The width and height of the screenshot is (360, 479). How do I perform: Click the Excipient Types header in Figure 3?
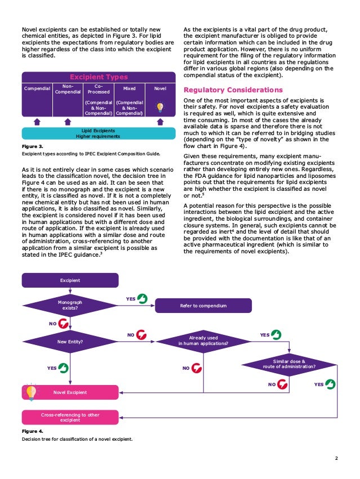click(98, 77)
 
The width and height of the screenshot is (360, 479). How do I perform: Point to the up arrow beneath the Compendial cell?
click(37, 121)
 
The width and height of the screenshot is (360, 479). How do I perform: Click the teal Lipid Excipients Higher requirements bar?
click(98, 133)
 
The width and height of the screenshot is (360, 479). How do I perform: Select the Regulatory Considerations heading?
click(233, 89)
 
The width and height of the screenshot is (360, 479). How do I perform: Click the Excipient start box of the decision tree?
click(70, 280)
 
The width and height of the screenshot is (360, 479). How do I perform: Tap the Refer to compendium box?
click(203, 306)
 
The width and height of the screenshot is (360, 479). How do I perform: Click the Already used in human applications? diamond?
click(203, 341)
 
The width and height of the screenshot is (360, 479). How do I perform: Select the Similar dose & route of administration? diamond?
click(288, 364)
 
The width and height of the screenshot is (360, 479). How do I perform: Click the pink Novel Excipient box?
click(70, 392)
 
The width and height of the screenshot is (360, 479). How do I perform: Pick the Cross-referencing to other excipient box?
click(70, 417)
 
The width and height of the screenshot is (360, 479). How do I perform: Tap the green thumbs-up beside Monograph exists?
click(143, 298)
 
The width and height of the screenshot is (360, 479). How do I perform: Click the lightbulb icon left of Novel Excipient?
click(30, 391)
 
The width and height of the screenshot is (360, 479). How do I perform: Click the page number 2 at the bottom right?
click(336, 458)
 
